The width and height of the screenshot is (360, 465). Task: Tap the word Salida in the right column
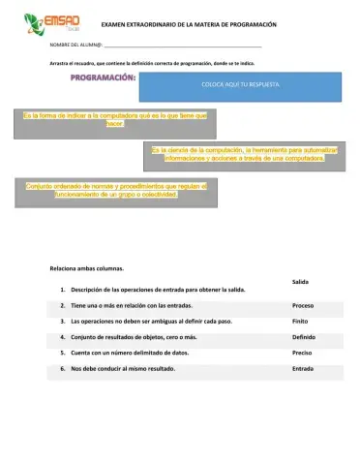299,281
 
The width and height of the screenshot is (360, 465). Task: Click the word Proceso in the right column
302,305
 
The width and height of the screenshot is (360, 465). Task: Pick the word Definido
303,337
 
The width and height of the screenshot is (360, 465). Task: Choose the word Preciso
302,353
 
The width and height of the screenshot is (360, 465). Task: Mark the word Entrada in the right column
302,369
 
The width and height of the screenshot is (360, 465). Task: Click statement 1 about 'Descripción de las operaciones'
150,290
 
